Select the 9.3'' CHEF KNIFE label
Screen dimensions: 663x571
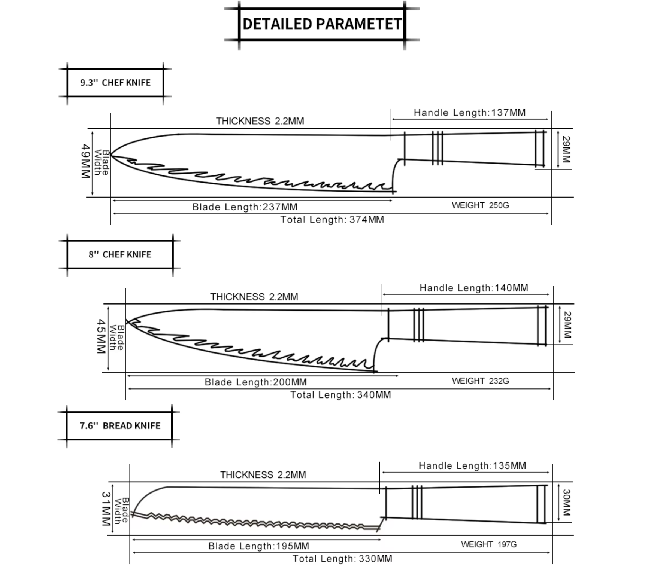(x=115, y=83)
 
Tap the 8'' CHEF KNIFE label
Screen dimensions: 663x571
(x=120, y=254)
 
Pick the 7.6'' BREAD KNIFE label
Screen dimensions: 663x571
(x=120, y=426)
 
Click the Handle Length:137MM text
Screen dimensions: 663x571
(x=470, y=113)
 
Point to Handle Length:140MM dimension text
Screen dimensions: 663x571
(x=474, y=288)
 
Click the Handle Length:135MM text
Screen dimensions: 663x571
(x=472, y=465)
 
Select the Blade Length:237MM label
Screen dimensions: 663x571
(x=245, y=207)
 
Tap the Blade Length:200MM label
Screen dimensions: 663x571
(x=256, y=382)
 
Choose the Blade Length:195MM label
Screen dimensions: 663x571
(x=259, y=546)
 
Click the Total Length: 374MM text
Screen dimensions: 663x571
(x=332, y=220)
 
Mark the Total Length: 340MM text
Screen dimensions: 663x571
(x=340, y=395)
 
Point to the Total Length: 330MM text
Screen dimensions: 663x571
(x=342, y=559)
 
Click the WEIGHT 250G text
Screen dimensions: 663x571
(x=481, y=205)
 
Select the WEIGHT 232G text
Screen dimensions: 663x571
(x=481, y=381)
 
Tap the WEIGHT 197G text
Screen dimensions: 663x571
(x=489, y=544)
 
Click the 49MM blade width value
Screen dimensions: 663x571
(x=85, y=161)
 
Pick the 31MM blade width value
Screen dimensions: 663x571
(x=106, y=509)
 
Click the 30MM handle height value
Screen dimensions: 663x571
(x=566, y=503)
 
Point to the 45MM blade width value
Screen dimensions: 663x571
(x=101, y=336)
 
